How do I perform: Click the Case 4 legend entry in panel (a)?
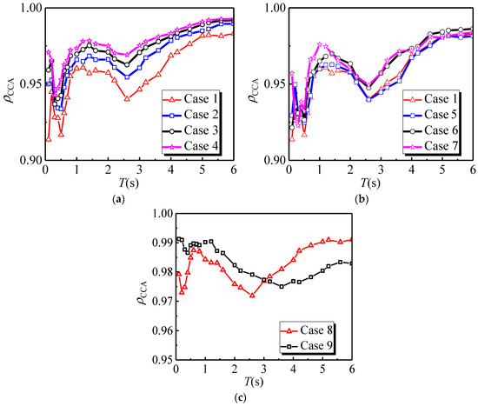190,146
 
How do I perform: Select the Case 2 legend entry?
190,115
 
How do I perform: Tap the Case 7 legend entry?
431,146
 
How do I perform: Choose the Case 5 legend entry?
431,115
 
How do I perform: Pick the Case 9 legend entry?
307,346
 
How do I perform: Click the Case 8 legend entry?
307,330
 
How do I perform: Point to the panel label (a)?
118,199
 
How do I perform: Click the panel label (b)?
362,199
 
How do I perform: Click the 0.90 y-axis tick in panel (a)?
31,160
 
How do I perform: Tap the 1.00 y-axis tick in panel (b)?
276,8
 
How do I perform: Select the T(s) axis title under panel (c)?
254,382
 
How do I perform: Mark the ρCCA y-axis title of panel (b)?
254,90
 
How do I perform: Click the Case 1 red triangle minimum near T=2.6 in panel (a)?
127,99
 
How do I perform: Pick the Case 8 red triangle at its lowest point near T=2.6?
252,296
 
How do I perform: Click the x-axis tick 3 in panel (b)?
381,170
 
